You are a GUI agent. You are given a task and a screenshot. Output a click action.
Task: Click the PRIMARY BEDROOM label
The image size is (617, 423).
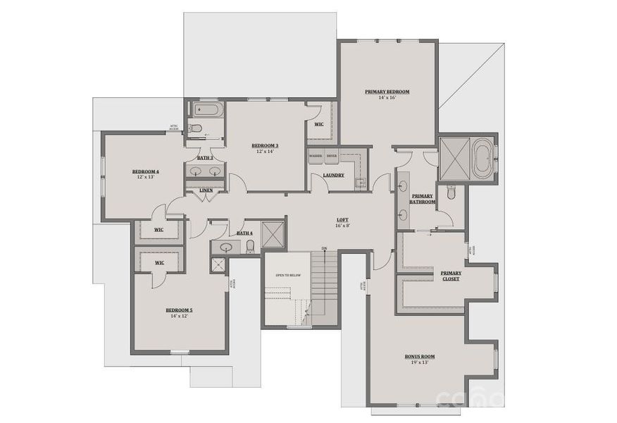(387, 92)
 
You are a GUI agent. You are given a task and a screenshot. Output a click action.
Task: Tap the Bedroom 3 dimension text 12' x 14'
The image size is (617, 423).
(266, 152)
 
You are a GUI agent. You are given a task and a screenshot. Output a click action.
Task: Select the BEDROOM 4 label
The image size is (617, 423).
(146, 171)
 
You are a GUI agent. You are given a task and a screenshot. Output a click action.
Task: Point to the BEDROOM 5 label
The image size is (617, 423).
(179, 310)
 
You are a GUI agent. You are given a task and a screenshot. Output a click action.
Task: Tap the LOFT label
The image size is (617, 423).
(342, 220)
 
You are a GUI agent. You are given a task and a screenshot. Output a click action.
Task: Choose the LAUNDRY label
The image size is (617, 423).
(333, 175)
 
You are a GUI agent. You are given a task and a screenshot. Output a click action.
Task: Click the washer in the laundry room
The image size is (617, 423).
(316, 157)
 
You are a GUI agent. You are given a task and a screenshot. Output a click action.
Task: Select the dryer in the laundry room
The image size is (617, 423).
(331, 157)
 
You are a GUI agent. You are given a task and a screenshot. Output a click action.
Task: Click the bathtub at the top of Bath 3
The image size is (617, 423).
(206, 110)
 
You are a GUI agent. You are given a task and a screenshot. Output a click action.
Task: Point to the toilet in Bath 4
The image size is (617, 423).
(250, 245)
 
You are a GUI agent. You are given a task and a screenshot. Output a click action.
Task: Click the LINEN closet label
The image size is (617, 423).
(206, 190)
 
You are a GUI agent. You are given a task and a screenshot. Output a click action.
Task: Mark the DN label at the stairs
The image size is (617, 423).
(324, 249)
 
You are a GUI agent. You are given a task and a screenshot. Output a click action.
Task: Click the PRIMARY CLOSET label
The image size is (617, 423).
(451, 276)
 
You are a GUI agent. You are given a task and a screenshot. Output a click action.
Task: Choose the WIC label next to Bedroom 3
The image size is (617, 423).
(318, 124)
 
